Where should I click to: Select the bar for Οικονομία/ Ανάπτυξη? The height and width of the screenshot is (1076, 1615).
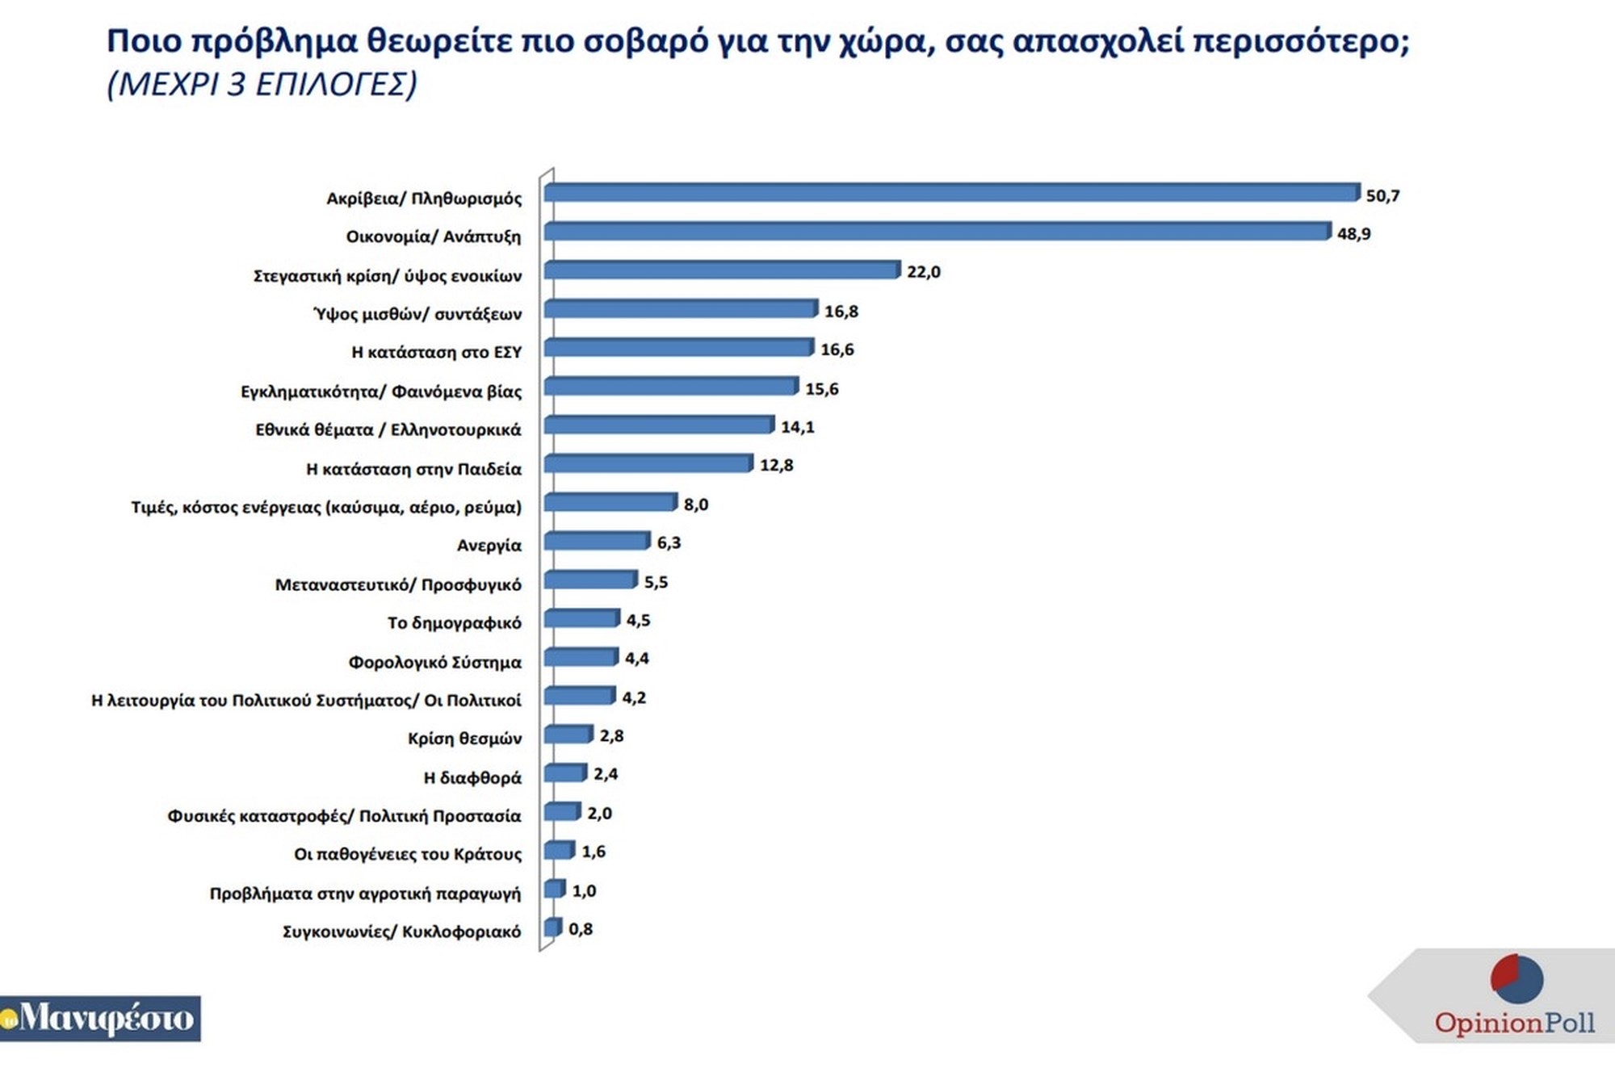click(x=937, y=232)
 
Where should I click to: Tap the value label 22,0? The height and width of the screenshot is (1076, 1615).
click(x=923, y=272)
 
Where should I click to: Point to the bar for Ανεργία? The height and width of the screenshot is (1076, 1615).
click(x=597, y=541)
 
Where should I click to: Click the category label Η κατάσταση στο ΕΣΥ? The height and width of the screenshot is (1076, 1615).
click(x=437, y=352)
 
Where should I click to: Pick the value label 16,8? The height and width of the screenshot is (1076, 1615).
click(x=841, y=312)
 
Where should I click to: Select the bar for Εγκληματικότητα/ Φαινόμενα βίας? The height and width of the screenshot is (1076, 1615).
click(x=670, y=387)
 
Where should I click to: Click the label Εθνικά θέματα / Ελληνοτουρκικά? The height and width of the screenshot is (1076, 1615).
click(x=388, y=429)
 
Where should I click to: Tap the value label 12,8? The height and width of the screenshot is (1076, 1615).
click(x=776, y=465)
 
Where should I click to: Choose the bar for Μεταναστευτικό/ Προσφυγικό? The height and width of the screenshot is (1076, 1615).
click(x=590, y=580)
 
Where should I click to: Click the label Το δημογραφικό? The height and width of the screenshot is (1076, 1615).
click(x=455, y=622)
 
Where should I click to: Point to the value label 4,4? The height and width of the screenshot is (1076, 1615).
click(x=636, y=659)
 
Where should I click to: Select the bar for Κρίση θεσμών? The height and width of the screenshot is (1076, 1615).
click(x=568, y=735)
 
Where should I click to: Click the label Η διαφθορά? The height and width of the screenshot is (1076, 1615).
click(x=473, y=777)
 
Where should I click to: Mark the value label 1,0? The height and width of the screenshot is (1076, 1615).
click(x=584, y=891)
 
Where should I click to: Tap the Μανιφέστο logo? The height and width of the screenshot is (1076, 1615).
click(x=100, y=1019)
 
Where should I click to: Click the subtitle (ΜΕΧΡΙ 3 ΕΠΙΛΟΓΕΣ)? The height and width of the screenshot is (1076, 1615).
click(x=262, y=84)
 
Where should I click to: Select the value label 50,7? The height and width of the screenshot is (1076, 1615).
click(x=1382, y=195)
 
